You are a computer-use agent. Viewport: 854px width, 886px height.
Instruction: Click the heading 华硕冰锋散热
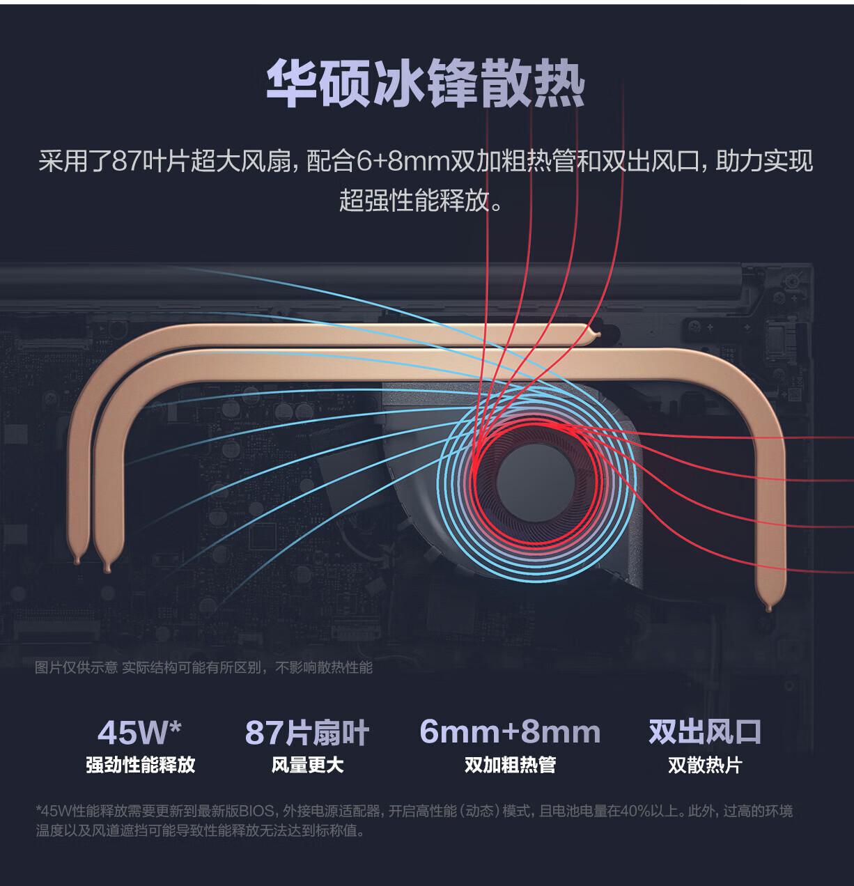426,84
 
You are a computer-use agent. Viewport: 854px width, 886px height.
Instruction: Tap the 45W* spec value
139,732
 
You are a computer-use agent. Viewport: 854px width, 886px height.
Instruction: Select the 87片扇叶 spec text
306,733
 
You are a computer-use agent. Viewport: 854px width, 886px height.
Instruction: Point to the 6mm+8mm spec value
510,732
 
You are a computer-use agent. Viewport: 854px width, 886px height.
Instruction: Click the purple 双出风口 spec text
705,732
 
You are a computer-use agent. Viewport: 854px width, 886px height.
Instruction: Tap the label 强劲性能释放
140,765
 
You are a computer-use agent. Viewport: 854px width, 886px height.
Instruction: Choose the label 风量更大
307,765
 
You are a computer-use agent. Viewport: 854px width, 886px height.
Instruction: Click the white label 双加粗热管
510,765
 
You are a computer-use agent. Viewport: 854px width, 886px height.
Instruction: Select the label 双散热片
705,765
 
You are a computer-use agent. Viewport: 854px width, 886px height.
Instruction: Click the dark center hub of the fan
535,481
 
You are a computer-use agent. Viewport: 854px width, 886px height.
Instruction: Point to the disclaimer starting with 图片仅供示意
203,667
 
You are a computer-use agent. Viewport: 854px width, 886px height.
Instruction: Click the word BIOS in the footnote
256,811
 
